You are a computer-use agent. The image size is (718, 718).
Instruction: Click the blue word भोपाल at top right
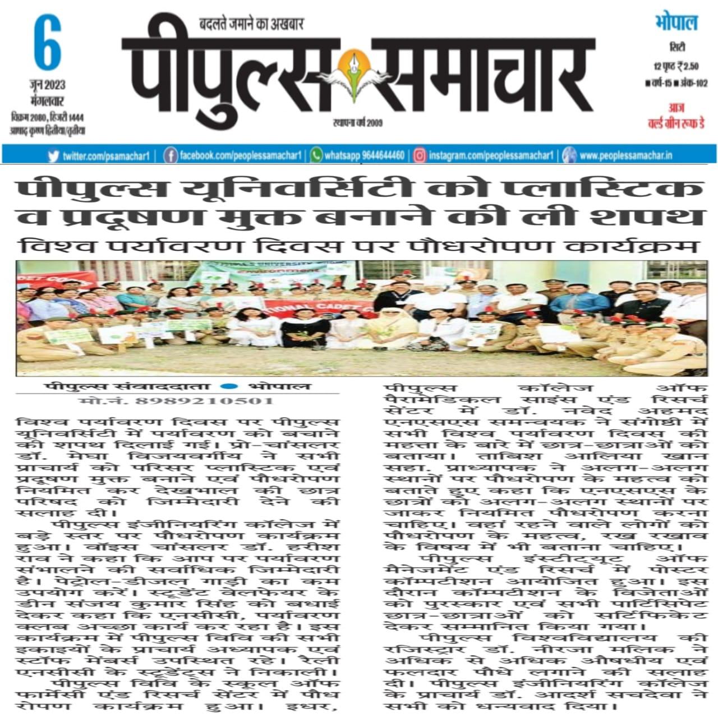pos(676,24)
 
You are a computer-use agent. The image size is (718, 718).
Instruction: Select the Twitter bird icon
pos(54,155)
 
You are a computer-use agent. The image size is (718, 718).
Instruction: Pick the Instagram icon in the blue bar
pos(419,155)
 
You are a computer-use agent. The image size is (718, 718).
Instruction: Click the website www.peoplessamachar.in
pos(625,155)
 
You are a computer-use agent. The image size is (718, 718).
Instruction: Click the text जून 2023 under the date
pos(47,85)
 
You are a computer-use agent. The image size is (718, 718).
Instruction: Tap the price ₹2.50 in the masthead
pos(687,67)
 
